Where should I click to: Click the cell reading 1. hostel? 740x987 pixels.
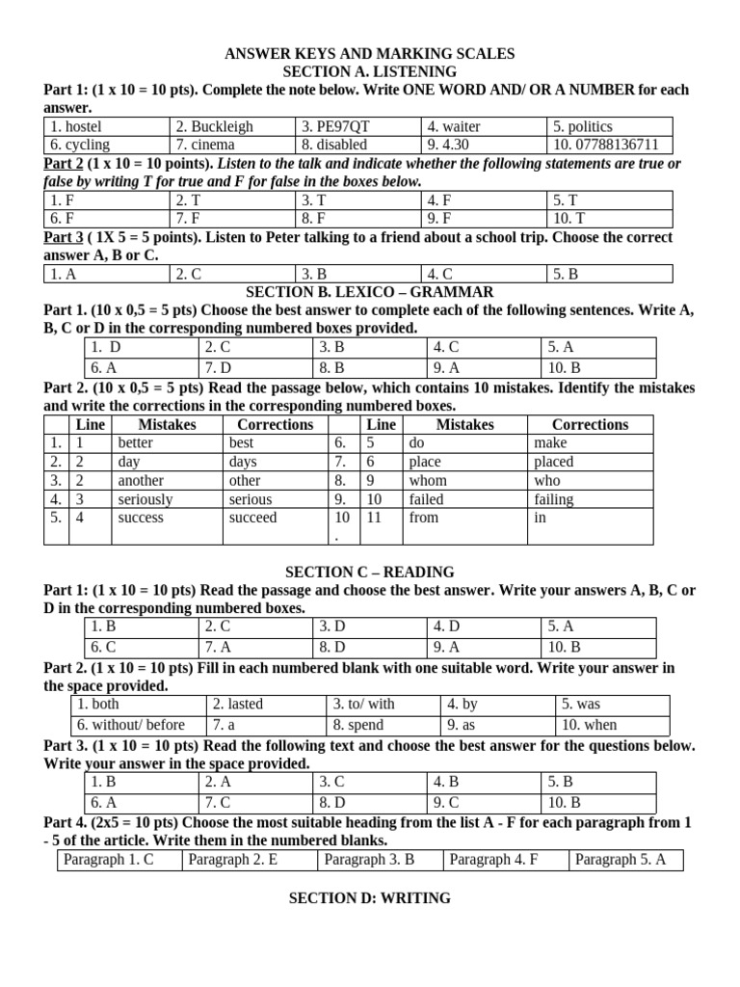click(x=76, y=126)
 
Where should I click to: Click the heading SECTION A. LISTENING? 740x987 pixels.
click(x=370, y=72)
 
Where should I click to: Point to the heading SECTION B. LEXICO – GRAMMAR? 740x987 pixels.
click(x=370, y=291)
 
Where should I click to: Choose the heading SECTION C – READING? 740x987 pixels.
click(x=370, y=572)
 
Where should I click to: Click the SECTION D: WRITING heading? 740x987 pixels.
click(x=370, y=898)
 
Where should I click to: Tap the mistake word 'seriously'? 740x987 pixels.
click(x=145, y=499)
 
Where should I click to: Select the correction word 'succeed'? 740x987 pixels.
click(x=252, y=518)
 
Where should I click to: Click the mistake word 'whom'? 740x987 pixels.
click(x=428, y=480)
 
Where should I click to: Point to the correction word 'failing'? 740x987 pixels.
click(x=553, y=499)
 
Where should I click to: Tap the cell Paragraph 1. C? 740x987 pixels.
click(x=108, y=860)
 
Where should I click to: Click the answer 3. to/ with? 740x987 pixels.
click(x=363, y=705)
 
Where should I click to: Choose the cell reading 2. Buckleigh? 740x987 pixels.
click(x=214, y=126)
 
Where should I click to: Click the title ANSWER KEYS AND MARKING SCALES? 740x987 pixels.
click(x=370, y=54)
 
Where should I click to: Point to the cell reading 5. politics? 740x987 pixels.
click(x=582, y=126)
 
